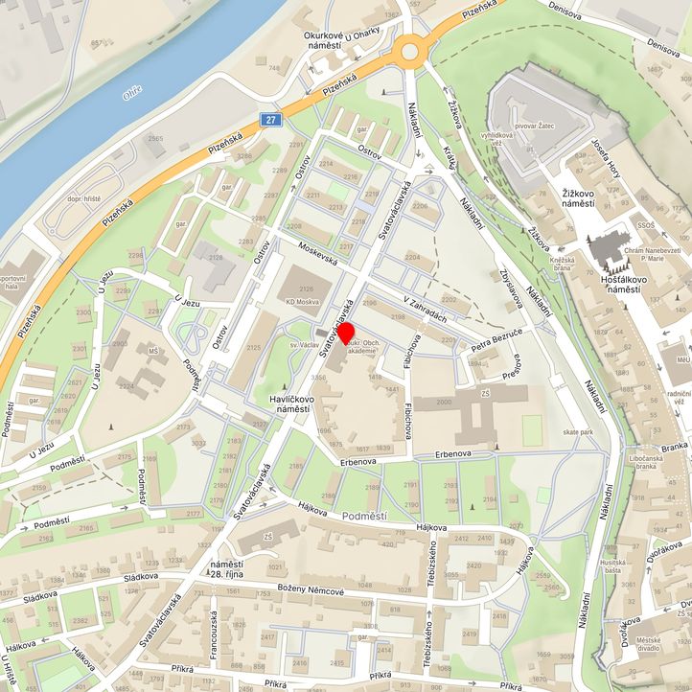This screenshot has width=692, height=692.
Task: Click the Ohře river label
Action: coord(133,93)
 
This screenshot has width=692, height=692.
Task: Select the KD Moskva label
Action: coord(303,302)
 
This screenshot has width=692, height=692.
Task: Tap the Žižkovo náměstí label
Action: coord(579,198)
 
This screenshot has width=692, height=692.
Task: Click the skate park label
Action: coord(578,432)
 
